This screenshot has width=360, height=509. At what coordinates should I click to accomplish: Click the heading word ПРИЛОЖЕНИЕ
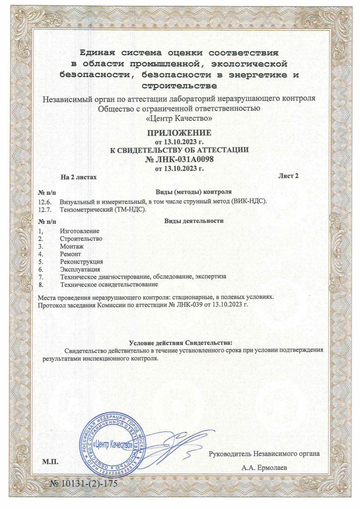click(180, 133)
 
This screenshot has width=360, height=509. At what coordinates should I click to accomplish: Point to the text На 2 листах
click(78, 177)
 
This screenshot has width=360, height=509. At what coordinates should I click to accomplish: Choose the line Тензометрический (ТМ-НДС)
click(102, 210)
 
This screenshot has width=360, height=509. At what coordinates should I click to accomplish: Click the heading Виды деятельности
click(194, 221)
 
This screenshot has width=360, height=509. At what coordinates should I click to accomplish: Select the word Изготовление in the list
click(80, 231)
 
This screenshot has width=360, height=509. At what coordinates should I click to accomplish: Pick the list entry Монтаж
click(72, 246)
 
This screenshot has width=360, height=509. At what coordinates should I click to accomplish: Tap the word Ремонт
click(71, 254)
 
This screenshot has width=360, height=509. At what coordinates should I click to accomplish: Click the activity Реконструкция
click(81, 261)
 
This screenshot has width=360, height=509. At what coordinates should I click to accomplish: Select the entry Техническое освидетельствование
click(109, 284)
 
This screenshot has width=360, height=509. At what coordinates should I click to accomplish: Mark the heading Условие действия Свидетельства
click(180, 343)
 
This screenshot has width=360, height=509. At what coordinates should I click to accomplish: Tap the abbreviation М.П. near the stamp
click(50, 462)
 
